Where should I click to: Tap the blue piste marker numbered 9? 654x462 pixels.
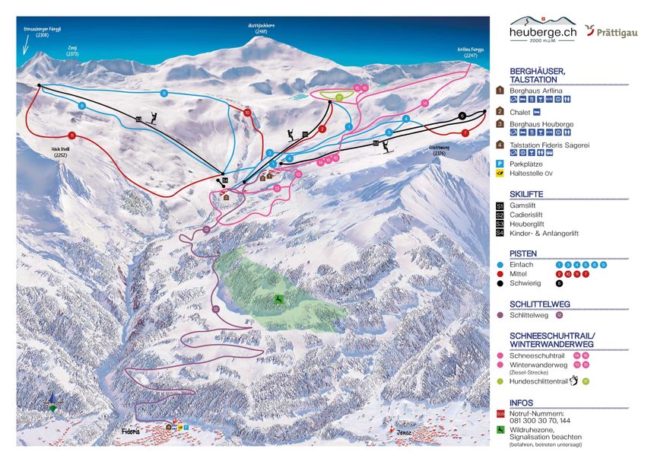click(164, 93)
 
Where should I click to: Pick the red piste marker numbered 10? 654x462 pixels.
click(247, 113)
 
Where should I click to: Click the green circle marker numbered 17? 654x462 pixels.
click(340, 97)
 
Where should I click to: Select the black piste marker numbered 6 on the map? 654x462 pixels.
click(462, 116)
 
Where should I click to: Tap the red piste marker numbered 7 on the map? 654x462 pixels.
click(465, 132)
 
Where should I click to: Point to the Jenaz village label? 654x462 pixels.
click(404, 432)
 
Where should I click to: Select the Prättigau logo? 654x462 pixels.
click(612, 31)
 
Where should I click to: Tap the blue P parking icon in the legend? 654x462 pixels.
click(500, 162)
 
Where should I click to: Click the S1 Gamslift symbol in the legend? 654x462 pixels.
click(500, 206)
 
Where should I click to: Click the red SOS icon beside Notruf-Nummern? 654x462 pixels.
click(500, 413)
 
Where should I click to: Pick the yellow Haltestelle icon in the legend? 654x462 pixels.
click(500, 173)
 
